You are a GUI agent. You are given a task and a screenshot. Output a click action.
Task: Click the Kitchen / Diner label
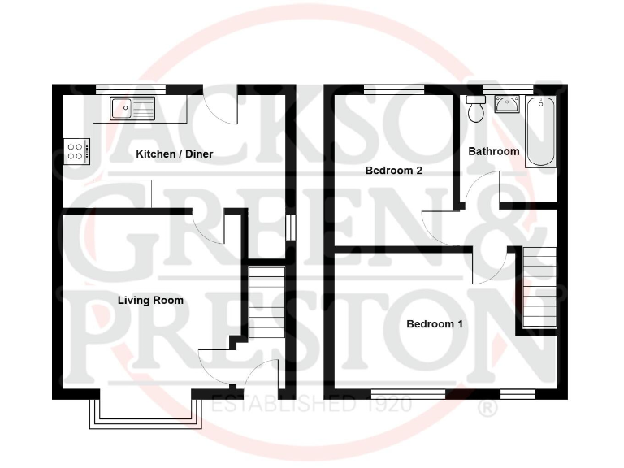pos(175,154)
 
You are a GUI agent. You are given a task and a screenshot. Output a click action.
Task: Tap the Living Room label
pos(150,301)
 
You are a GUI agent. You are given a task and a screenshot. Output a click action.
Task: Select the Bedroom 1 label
pos(435,324)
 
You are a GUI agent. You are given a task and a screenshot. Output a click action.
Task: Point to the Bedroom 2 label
pos(394,171)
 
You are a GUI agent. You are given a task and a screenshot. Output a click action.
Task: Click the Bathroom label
pos(493,151)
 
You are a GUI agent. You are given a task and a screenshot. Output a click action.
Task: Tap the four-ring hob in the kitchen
pos(76,150)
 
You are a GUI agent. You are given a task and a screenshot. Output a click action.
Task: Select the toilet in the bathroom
pos(475,108)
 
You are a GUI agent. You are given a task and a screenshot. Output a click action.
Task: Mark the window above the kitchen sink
pos(131,89)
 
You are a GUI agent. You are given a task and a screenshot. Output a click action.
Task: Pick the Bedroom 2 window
pos(394,89)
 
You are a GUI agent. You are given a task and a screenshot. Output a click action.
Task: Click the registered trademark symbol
pos(487,408)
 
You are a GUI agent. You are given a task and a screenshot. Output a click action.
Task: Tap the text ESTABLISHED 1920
pos(311,404)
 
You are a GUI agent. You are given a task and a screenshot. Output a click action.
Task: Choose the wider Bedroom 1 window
pos(408,393)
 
